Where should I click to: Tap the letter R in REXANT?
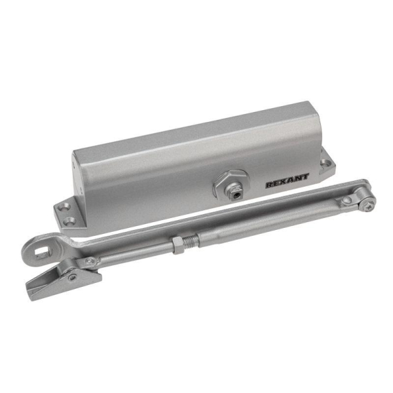[269, 185]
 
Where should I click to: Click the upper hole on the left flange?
[62, 206]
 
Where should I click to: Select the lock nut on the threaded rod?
[178, 246]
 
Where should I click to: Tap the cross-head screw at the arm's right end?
[367, 204]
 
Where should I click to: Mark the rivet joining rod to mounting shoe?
[90, 263]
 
